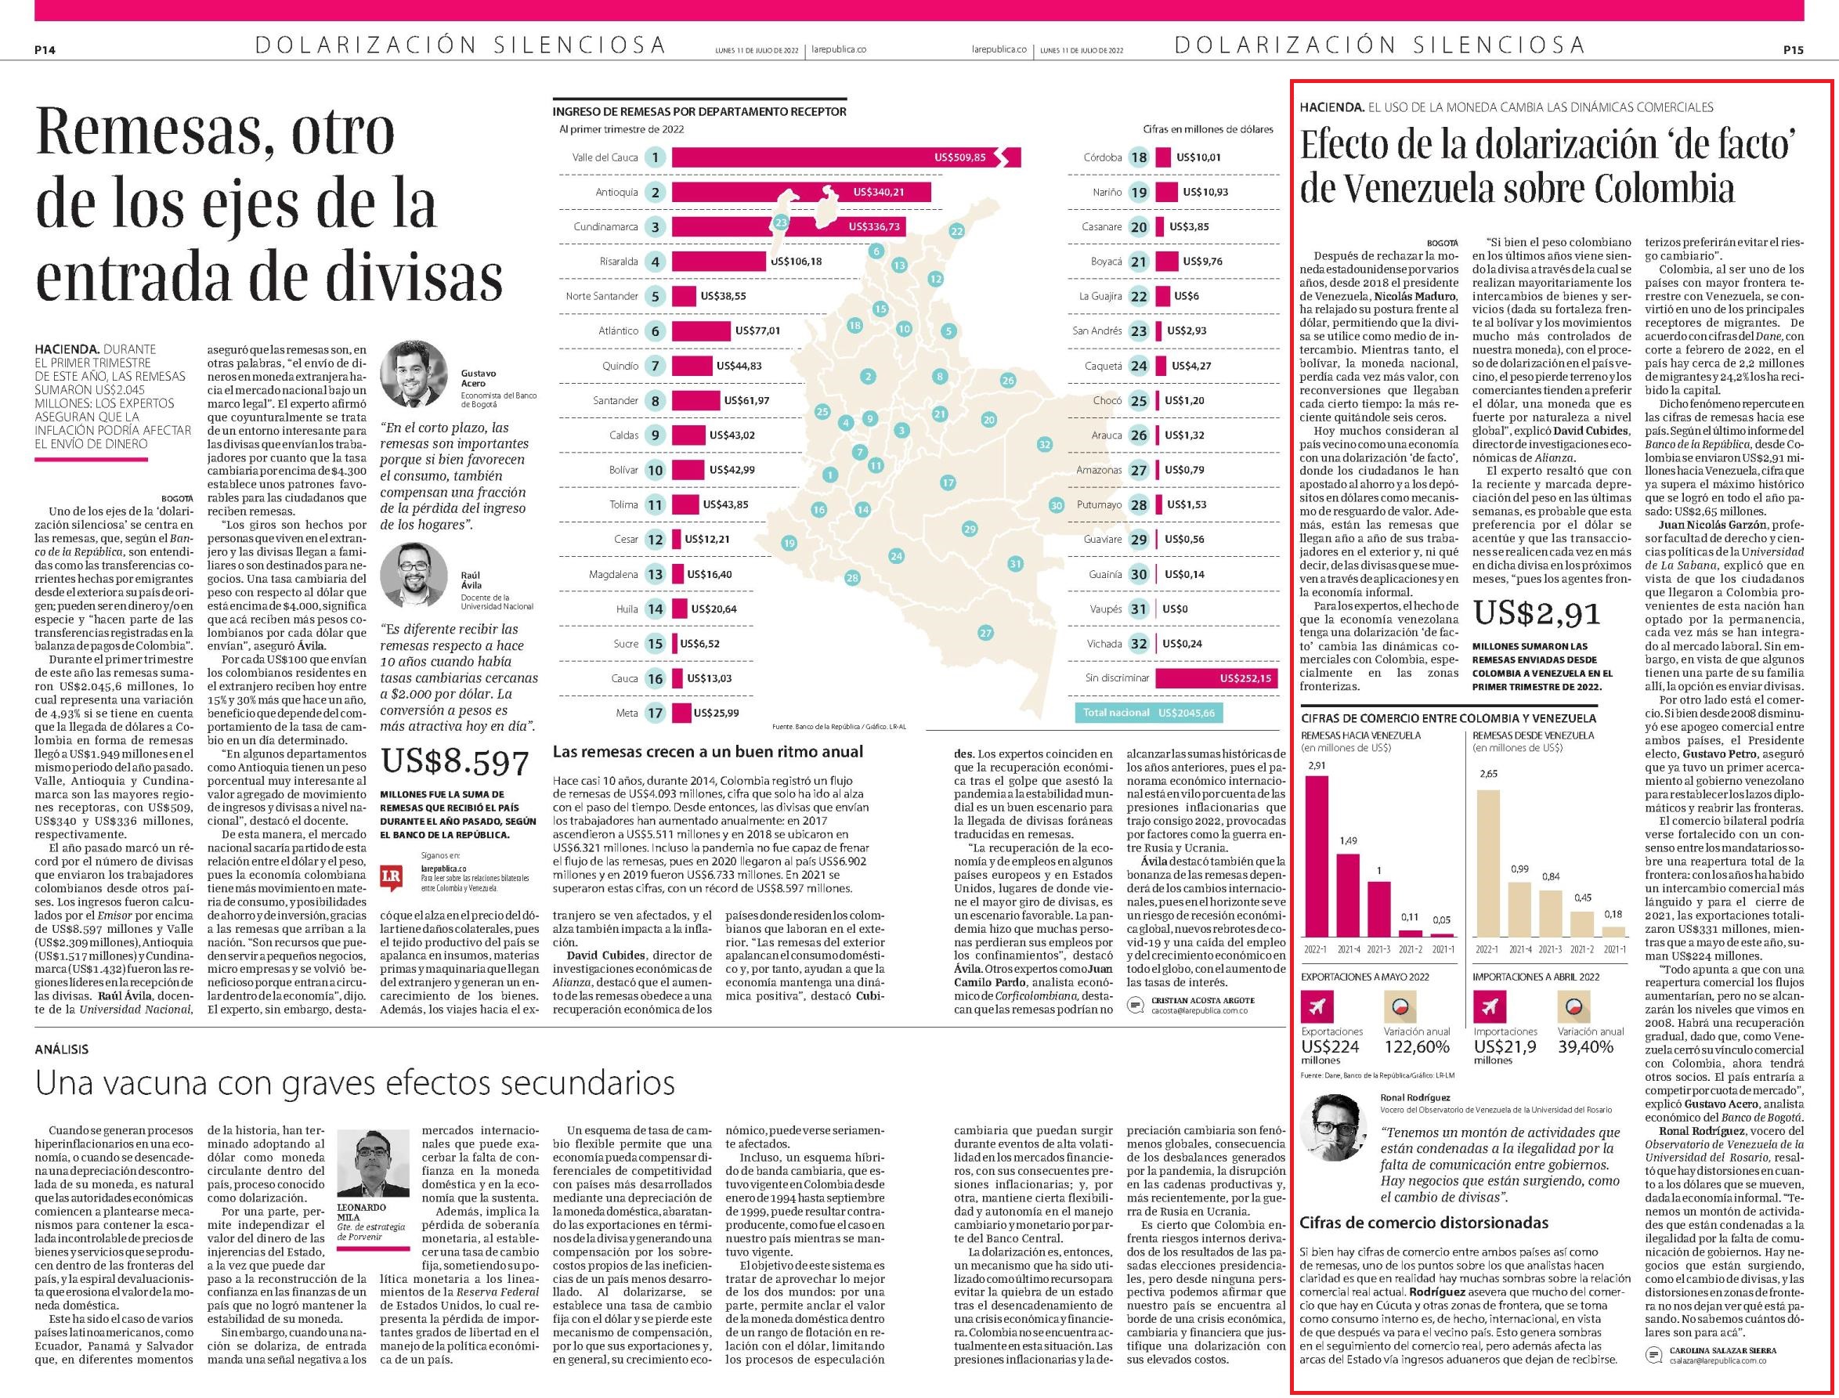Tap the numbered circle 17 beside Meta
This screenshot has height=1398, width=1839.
pos(656,713)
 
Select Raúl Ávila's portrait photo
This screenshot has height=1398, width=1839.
pos(414,576)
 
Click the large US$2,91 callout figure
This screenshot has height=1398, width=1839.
pos(1536,613)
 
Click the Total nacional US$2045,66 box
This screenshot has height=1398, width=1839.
pos(1148,713)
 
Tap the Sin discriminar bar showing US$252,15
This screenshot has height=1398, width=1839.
pos(1215,678)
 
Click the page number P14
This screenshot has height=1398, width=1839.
pos(45,50)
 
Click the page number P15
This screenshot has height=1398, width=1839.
pos(1794,50)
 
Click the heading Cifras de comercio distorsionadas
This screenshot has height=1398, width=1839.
pos(1424,1223)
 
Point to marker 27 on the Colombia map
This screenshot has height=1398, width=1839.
pos(986,634)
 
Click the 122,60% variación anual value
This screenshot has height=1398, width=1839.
pos(1416,1047)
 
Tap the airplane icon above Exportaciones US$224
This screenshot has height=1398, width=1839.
pos(1317,1007)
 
